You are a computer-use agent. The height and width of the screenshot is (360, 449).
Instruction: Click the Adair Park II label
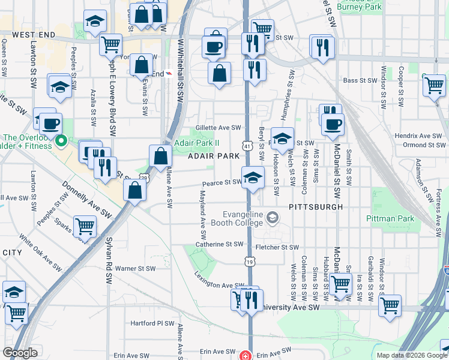tap(197, 143)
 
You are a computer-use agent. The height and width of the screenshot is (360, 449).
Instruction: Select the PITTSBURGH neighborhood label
tap(315, 206)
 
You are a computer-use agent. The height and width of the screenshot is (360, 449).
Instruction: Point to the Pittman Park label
tap(390, 219)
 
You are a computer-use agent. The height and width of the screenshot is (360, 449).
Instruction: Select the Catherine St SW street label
tap(219, 244)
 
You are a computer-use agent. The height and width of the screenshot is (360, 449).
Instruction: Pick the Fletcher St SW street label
tap(277, 247)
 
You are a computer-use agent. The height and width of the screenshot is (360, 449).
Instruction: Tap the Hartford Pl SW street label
tap(152, 323)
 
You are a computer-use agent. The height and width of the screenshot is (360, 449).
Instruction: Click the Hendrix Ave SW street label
tap(418, 136)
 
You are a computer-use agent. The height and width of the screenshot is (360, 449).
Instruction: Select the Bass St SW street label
tap(358, 80)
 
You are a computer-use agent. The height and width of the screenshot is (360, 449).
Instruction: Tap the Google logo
tap(20, 353)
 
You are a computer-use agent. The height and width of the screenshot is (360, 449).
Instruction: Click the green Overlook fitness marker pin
tap(60, 142)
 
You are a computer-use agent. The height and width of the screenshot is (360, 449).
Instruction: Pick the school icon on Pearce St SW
tap(253, 178)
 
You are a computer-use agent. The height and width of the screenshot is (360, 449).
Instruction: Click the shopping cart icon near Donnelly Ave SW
tap(85, 226)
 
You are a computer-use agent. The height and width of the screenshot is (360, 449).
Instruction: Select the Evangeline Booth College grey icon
tap(273, 217)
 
